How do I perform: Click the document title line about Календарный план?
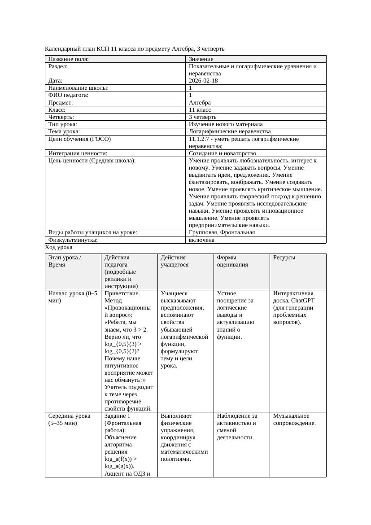click(x=135, y=48)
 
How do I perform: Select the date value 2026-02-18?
click(x=204, y=81)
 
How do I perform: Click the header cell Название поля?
click(x=68, y=59)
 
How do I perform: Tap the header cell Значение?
click(x=201, y=59)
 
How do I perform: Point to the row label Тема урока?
click(x=64, y=131)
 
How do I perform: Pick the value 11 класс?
click(x=200, y=110)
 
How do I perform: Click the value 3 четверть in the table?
click(x=202, y=117)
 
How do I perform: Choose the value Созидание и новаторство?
click(x=223, y=153)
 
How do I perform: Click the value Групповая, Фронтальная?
click(x=222, y=232)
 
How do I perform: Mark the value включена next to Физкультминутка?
click(x=201, y=240)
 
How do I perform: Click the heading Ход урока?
click(x=59, y=247)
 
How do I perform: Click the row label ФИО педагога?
click(x=68, y=95)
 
